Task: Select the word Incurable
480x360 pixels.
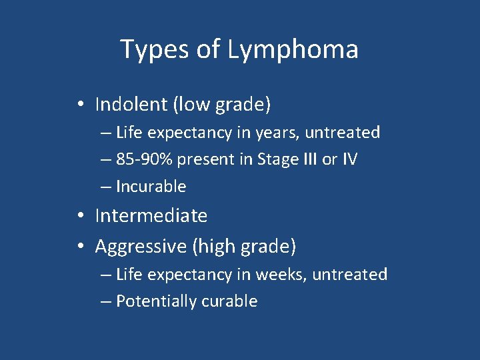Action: pos(151,187)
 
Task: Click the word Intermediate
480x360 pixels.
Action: pos(151,215)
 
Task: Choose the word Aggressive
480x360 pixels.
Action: pos(141,246)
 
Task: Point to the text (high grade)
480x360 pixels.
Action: pos(244,246)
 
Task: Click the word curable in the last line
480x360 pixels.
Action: pos(231,301)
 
